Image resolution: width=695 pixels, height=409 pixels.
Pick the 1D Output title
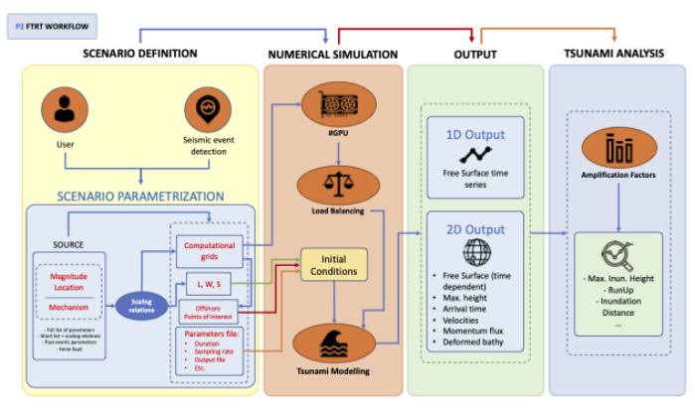pos(475,134)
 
